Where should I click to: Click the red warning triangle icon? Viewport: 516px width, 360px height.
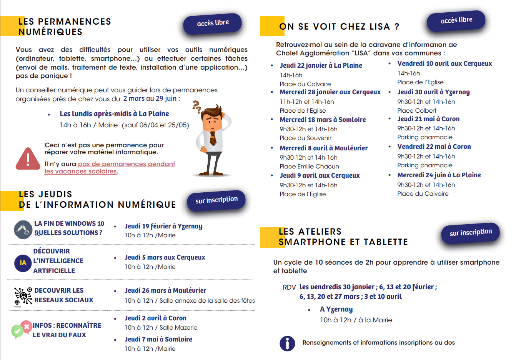pos(28,159)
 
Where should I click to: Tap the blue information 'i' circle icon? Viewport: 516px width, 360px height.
pos(287,343)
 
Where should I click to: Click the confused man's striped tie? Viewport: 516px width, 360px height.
pos(213,138)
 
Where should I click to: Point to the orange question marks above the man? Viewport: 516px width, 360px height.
pos(197,107)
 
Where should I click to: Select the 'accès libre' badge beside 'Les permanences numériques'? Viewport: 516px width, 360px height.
pos(213,23)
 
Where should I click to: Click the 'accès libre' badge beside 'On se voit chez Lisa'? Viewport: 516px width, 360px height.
pos(456,20)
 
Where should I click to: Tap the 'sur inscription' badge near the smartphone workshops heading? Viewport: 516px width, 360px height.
pos(471,233)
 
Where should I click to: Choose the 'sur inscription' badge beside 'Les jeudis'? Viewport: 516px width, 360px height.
pos(216,200)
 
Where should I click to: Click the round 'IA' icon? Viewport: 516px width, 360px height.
pos(23,263)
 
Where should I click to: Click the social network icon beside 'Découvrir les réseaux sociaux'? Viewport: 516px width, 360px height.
pos(23,296)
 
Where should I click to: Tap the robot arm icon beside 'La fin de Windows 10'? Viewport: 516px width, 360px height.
pos(23,230)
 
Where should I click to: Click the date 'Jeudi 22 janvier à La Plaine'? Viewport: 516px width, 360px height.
pos(321,65)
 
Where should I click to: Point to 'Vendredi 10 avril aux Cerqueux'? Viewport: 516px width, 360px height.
pos(444,63)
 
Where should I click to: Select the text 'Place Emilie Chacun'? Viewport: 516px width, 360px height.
pos(309,167)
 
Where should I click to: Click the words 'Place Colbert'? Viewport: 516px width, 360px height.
pos(417,111)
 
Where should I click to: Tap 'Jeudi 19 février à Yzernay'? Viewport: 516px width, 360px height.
pos(163,226)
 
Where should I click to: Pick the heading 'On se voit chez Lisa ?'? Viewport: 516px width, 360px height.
pos(339,27)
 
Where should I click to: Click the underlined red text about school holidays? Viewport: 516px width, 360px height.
pos(110,168)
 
